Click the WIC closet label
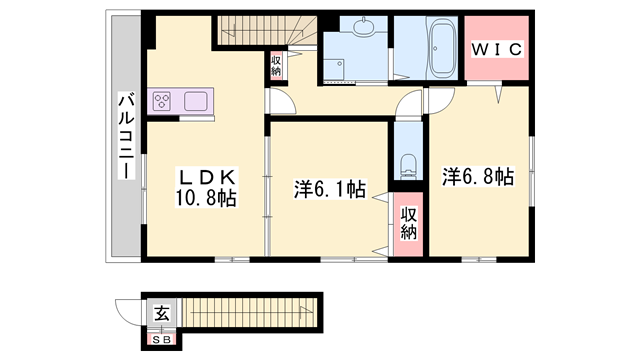497,49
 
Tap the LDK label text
206,178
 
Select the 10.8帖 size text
206,198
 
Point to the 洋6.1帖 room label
329,189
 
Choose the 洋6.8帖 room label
478,177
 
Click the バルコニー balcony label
126,136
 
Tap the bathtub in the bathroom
442,48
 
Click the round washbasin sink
363,27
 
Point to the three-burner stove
162,101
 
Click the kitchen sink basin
196,101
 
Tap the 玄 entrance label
162,313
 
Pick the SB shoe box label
162,339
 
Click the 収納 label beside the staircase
276,66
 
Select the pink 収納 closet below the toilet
408,224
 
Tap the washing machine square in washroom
333,69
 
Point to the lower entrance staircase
250,312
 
